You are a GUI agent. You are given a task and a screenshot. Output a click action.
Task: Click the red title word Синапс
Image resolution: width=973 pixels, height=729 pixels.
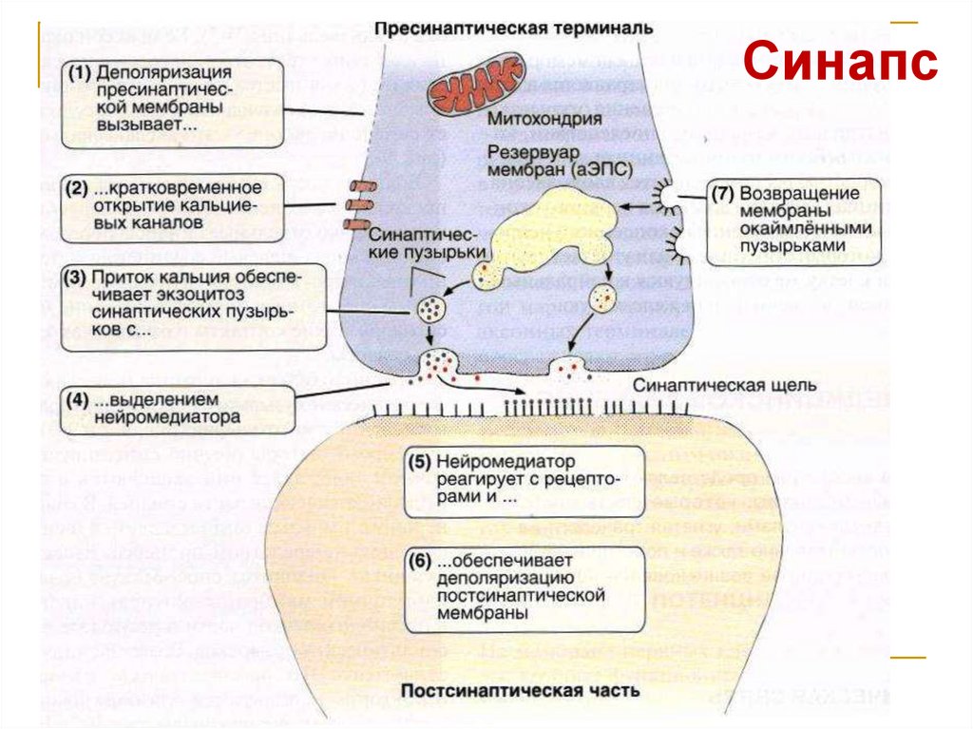click(x=840, y=64)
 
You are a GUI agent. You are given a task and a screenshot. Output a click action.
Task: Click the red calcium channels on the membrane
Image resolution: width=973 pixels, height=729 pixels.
click(x=358, y=204)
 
